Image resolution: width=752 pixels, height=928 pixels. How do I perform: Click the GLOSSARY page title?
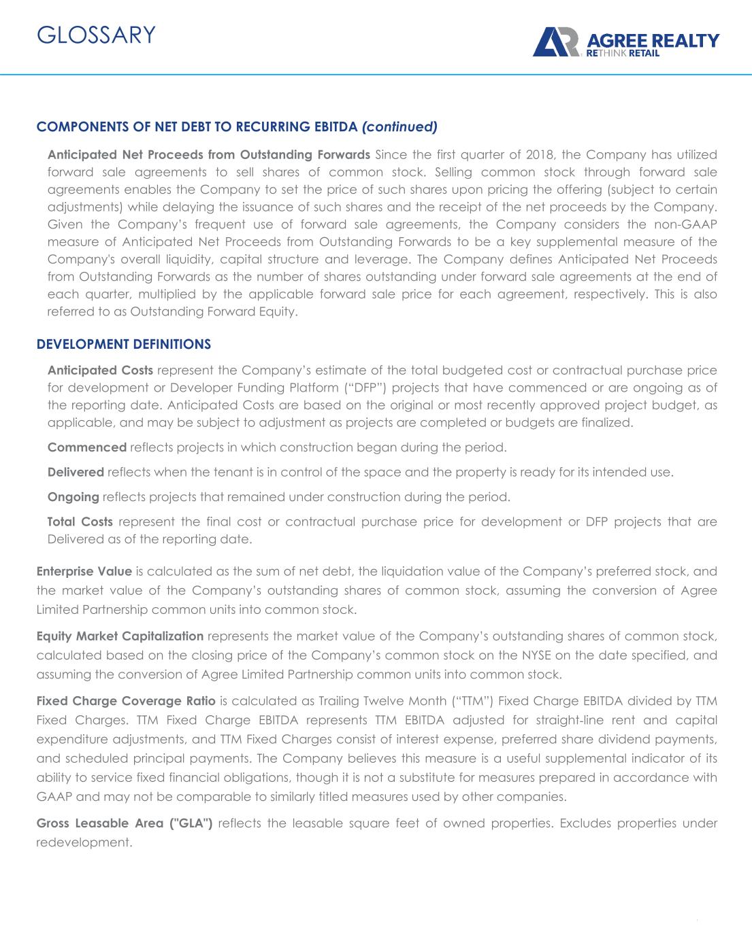pyautogui.click(x=96, y=35)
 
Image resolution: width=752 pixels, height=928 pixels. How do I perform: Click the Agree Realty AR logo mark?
pyautogui.click(x=555, y=42)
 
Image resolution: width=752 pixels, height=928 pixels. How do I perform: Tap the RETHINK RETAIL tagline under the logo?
pyautogui.click(x=623, y=52)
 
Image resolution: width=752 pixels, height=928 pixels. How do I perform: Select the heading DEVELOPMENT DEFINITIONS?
pyautogui.click(x=123, y=344)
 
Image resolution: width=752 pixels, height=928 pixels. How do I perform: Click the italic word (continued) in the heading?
pyautogui.click(x=399, y=126)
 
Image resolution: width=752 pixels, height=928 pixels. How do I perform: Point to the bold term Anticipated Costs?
pyautogui.click(x=100, y=371)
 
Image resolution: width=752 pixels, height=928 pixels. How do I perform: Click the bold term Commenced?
pyautogui.click(x=87, y=447)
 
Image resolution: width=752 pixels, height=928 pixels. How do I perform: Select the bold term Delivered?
pyautogui.click(x=76, y=472)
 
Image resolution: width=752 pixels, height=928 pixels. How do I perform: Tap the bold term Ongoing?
pyautogui.click(x=73, y=497)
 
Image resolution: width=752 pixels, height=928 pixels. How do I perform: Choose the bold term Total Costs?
pyautogui.click(x=80, y=522)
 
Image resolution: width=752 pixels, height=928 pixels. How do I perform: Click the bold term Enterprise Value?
pyautogui.click(x=84, y=571)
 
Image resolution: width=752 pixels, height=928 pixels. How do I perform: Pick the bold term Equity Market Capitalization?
pyautogui.click(x=120, y=636)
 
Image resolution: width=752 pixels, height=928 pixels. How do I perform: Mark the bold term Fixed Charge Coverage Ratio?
pyautogui.click(x=126, y=701)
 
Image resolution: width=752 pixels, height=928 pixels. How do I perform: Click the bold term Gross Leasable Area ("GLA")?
pyautogui.click(x=125, y=823)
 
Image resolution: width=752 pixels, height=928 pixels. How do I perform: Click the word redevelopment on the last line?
pyautogui.click(x=83, y=842)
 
